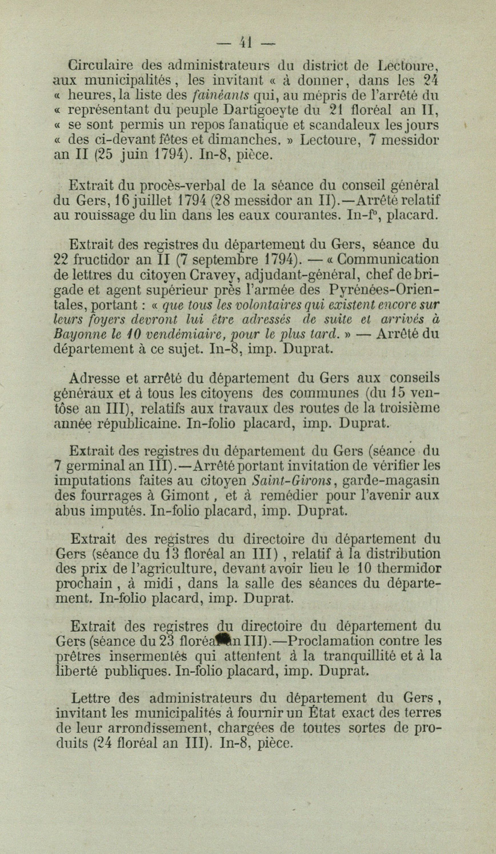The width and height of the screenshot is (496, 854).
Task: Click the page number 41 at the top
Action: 247,42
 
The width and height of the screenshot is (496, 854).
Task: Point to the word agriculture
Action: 176,569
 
